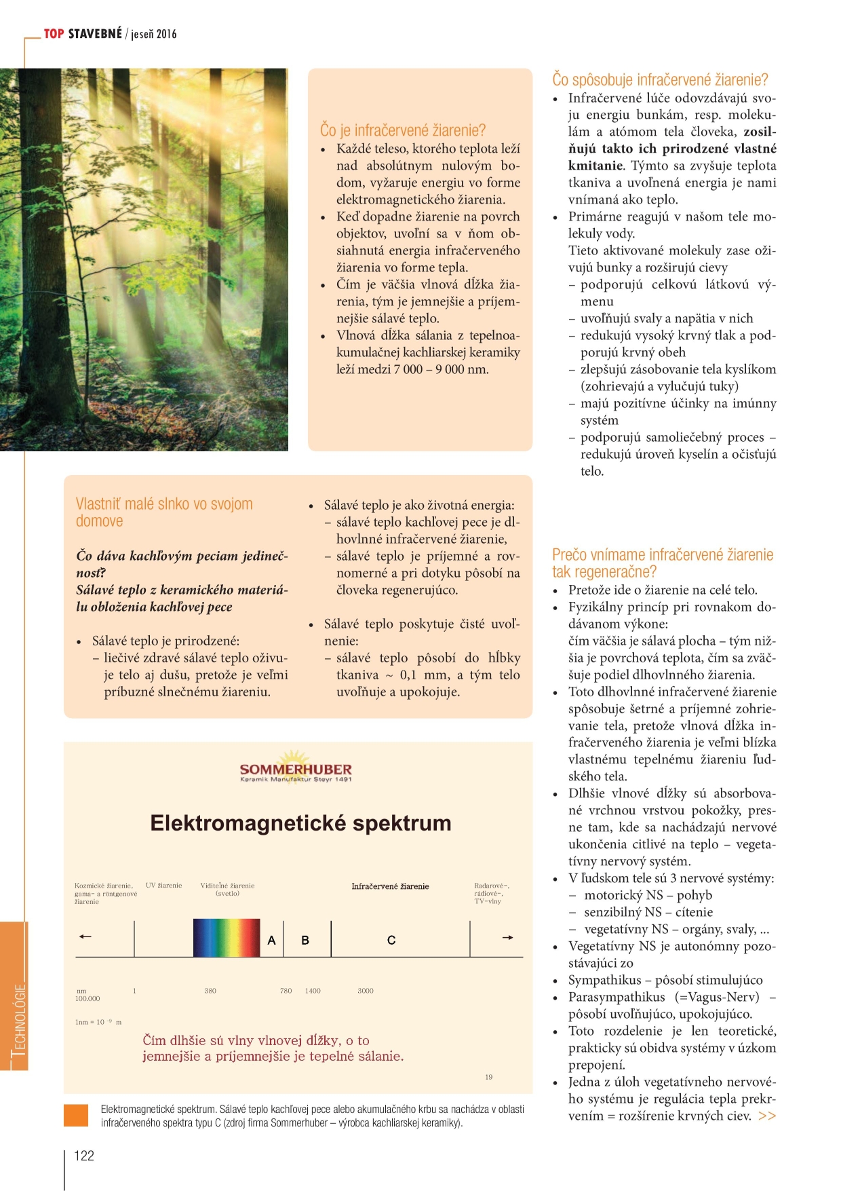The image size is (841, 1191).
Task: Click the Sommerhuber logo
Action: pyautogui.click(x=296, y=768)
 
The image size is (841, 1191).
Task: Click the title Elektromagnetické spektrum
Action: pyautogui.click(x=300, y=823)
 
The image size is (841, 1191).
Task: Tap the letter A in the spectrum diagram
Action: pyautogui.click(x=271, y=941)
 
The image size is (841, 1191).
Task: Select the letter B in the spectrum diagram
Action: pyautogui.click(x=305, y=941)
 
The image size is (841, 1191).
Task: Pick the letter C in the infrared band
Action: pyautogui.click(x=391, y=941)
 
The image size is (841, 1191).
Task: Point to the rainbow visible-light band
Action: pyautogui.click(x=227, y=938)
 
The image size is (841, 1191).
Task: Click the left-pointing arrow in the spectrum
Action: pyautogui.click(x=85, y=937)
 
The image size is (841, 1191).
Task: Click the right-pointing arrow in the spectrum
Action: pyautogui.click(x=507, y=938)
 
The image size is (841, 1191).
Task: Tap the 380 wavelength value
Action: pyautogui.click(x=210, y=991)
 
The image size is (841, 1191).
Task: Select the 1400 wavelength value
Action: pyautogui.click(x=313, y=991)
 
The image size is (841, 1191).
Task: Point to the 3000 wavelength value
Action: pyautogui.click(x=366, y=991)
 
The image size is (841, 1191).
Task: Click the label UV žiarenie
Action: pyautogui.click(x=164, y=885)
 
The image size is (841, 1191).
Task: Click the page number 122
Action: pyautogui.click(x=84, y=1156)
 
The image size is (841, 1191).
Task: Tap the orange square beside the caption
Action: pyautogui.click(x=76, y=1116)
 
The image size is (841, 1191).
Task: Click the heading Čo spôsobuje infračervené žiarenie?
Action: pyautogui.click(x=660, y=79)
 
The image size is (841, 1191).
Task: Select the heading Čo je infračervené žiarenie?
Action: pyautogui.click(x=403, y=130)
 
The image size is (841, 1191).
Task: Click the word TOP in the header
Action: pyautogui.click(x=54, y=34)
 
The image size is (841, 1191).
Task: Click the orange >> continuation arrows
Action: pyautogui.click(x=767, y=1116)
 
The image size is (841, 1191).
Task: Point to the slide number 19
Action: pyautogui.click(x=489, y=1077)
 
